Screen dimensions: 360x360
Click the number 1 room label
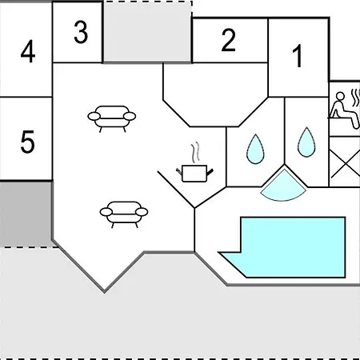pyautogui.click(x=298, y=56)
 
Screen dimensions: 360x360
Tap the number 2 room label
pyautogui.click(x=229, y=40)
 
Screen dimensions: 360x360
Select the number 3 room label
pyautogui.click(x=81, y=32)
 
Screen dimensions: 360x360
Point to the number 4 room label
pyautogui.click(x=28, y=51)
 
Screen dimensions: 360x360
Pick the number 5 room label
pyautogui.click(x=27, y=142)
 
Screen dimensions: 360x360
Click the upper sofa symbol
pyautogui.click(x=112, y=118)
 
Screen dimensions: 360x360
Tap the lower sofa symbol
pyautogui.click(x=124, y=214)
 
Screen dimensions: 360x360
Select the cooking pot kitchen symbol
pyautogui.click(x=194, y=174)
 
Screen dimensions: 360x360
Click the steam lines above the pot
pyautogui.click(x=195, y=152)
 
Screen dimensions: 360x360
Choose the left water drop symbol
pyautogui.click(x=255, y=150)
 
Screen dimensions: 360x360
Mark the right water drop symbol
pyautogui.click(x=306, y=142)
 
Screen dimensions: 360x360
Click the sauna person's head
pyautogui.click(x=340, y=97)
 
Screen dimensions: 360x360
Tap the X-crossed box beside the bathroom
pyautogui.click(x=345, y=162)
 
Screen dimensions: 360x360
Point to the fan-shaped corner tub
pyautogui.click(x=283, y=187)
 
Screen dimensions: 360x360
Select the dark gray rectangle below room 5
pyautogui.click(x=26, y=214)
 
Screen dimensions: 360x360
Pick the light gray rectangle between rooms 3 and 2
pyautogui.click(x=147, y=32)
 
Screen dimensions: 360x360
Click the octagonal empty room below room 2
pyautogui.click(x=215, y=94)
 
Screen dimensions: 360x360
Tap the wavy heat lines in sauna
pyautogui.click(x=355, y=98)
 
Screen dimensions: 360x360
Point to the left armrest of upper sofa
pyautogui.click(x=94, y=116)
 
